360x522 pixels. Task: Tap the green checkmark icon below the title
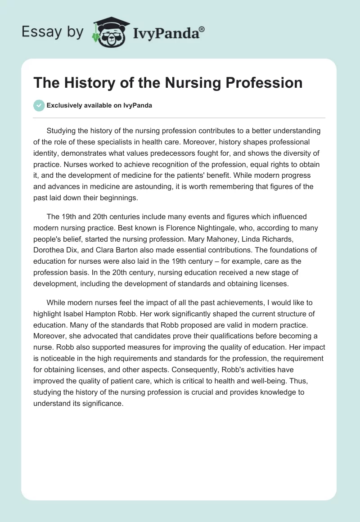coord(39,105)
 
